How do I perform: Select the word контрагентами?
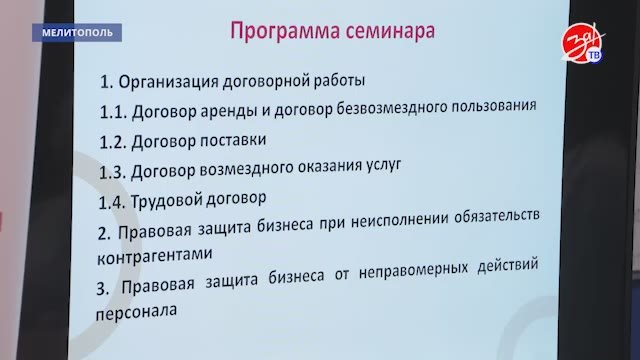click(x=155, y=256)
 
